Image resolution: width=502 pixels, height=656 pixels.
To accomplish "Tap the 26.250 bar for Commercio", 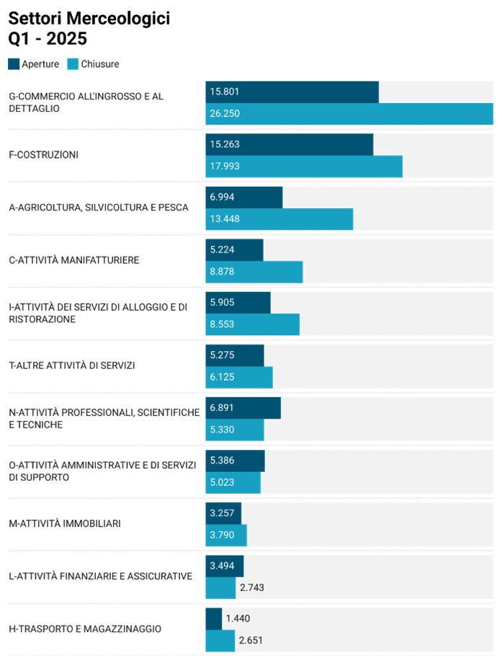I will click(349, 114).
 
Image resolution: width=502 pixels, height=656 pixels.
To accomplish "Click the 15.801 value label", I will click(224, 92).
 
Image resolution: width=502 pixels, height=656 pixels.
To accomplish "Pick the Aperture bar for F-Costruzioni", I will click(289, 144).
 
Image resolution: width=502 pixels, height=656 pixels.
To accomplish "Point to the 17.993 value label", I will click(224, 166).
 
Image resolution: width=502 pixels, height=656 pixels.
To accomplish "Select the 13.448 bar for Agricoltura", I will click(279, 219).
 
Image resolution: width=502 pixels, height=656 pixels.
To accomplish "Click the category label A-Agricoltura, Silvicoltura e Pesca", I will click(99, 208).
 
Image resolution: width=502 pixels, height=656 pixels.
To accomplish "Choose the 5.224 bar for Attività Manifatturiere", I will click(234, 249).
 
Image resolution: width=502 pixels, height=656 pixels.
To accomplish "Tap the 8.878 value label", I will click(222, 272).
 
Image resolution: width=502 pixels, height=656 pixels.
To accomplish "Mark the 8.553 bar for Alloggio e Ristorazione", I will click(252, 324).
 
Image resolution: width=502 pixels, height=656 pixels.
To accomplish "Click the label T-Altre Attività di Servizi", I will click(72, 365).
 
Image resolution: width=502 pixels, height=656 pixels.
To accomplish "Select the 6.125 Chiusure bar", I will click(238, 377).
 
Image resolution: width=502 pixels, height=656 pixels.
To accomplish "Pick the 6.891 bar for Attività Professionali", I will click(243, 407).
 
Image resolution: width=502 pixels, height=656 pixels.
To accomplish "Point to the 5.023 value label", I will click(222, 482).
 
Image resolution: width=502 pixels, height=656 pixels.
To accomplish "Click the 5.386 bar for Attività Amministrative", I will click(235, 461).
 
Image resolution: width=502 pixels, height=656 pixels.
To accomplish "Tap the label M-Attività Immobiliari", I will click(65, 523).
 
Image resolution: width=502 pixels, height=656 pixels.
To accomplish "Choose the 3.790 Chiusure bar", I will click(226, 535).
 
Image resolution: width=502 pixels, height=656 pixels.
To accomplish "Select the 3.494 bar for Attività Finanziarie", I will click(224, 566).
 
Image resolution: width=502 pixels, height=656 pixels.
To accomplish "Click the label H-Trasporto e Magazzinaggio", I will click(85, 629).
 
